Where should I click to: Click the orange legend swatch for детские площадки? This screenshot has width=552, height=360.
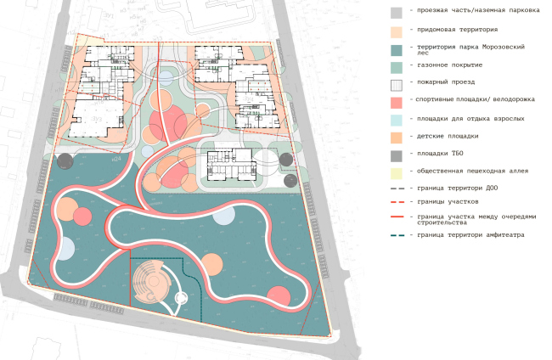pos(397,137)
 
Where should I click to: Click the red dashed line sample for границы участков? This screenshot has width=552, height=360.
pos(397,201)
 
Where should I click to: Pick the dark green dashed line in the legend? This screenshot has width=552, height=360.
pos(397,247)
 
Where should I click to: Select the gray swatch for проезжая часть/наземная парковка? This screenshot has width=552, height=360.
pos(397,13)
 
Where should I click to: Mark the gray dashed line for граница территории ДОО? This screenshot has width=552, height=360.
pos(397,187)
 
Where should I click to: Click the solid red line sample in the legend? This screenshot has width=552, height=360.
pos(397,217)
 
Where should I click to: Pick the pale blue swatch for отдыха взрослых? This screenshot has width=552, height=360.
pos(397,120)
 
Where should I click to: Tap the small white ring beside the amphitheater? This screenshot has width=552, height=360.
pos(180,298)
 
